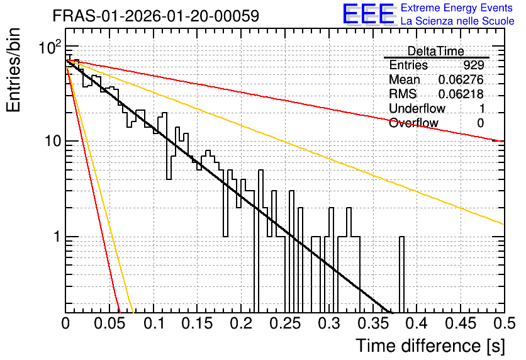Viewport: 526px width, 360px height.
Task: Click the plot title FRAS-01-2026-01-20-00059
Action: pos(156,16)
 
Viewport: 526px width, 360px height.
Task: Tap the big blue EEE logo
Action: pos(368,14)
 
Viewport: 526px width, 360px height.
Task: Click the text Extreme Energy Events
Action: pos(457,8)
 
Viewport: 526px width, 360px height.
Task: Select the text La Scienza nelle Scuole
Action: pos(457,21)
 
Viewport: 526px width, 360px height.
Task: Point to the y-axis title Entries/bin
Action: pos(14,70)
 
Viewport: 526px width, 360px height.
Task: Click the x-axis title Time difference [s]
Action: pos(430,346)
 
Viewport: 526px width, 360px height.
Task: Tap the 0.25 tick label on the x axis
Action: pos(285,323)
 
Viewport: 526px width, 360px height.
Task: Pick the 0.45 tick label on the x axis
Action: pos(461,323)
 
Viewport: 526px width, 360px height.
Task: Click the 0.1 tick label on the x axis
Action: pos(155,323)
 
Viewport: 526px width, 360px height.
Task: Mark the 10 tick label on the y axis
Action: pos(53,141)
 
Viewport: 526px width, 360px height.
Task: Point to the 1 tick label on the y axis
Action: pos(57,237)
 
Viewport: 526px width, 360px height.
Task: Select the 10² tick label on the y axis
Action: pos(50,47)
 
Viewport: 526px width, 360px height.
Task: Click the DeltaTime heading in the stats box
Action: pos(436,51)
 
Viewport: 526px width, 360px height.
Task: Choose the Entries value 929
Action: pos(474,65)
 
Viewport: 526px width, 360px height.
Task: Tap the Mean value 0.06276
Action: pos(461,79)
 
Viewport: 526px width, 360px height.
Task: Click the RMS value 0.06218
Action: pos(461,94)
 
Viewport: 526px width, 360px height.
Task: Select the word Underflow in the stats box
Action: pos(417,108)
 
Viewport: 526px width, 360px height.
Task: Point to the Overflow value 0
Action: pos(480,123)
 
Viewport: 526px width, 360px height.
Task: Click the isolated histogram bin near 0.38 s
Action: pos(401,274)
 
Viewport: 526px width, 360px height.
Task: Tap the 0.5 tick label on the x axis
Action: pos(505,323)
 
